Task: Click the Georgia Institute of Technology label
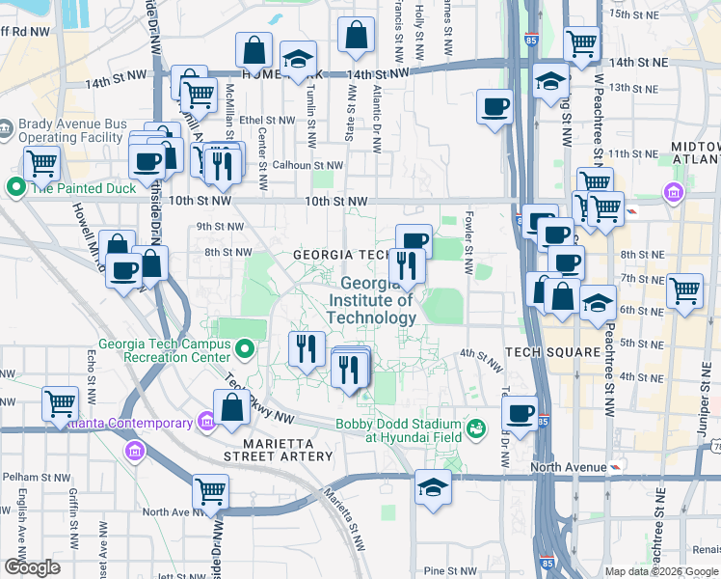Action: click(371, 300)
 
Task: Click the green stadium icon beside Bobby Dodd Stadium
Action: click(475, 427)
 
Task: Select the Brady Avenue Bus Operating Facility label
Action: click(70, 132)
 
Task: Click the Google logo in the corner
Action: click(32, 567)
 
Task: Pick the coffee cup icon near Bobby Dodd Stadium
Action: click(521, 413)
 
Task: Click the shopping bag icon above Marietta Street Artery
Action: click(231, 407)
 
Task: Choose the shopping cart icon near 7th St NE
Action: click(684, 289)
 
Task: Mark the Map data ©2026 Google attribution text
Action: click(661, 571)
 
